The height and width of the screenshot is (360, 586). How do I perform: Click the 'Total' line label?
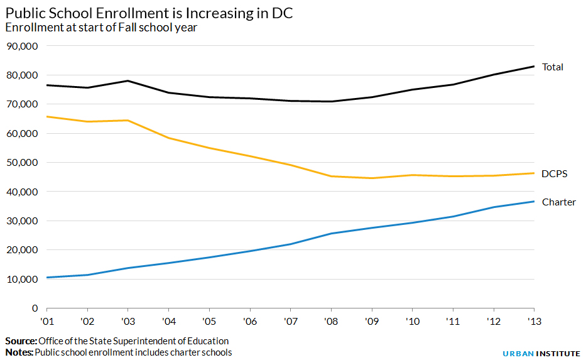pyautogui.click(x=552, y=67)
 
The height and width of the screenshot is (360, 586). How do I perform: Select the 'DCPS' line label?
pyautogui.click(x=554, y=173)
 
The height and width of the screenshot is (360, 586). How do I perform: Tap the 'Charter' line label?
pyautogui.click(x=558, y=202)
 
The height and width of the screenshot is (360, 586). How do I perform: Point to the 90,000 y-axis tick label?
pyautogui.click(x=22, y=46)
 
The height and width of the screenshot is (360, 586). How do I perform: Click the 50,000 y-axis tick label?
pyautogui.click(x=22, y=162)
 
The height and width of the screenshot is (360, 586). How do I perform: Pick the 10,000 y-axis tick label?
pyautogui.click(x=22, y=279)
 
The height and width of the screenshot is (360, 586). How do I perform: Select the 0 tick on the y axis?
pyautogui.click(x=36, y=308)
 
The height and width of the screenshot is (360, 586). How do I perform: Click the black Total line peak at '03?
pyautogui.click(x=128, y=80)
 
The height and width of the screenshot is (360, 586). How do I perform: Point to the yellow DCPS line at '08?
pyautogui.click(x=331, y=176)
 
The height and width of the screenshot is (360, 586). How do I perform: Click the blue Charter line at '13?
pyautogui.click(x=533, y=202)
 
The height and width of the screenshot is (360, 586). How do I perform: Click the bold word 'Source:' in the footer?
pyautogui.click(x=21, y=341)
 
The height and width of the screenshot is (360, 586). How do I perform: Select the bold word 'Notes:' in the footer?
pyautogui.click(x=19, y=352)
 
